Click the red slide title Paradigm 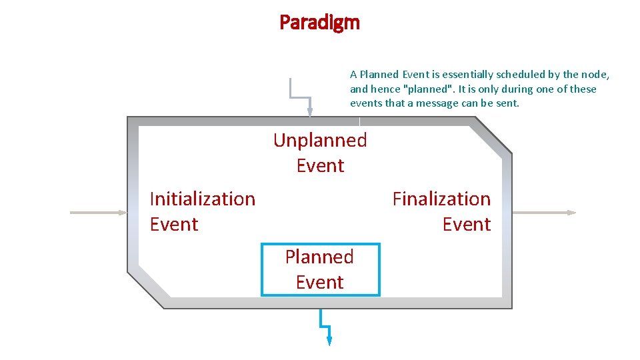click(319, 23)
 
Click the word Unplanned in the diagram click(320, 140)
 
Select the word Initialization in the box click(203, 199)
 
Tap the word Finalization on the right click(441, 199)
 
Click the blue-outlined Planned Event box click(320, 269)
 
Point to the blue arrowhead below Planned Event click(329, 341)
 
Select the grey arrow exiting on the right click(543, 213)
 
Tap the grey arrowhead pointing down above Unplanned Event click(309, 112)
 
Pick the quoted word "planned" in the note click(424, 89)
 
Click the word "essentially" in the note click(449, 75)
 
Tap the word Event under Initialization click(174, 224)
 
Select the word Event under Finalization click(467, 224)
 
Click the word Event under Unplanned click(320, 165)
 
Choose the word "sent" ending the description click(507, 103)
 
